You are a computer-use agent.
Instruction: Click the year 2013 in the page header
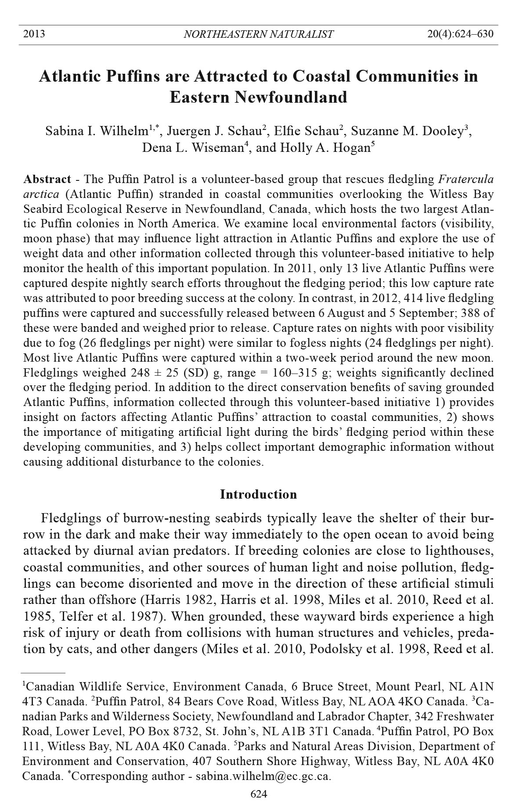[x=34, y=34]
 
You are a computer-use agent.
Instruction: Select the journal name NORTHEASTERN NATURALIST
[x=258, y=34]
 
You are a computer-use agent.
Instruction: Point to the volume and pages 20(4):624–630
[x=460, y=34]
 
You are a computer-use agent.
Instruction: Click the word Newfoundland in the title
[x=258, y=97]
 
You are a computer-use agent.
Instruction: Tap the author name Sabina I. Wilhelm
[x=97, y=131]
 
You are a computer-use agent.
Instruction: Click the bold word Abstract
[x=47, y=180]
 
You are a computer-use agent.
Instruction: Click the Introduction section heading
[x=258, y=495]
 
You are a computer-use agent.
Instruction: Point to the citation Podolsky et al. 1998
[x=360, y=649]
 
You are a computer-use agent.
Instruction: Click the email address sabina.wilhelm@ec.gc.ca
[x=263, y=776]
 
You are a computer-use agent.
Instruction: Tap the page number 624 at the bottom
[x=258, y=794]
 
